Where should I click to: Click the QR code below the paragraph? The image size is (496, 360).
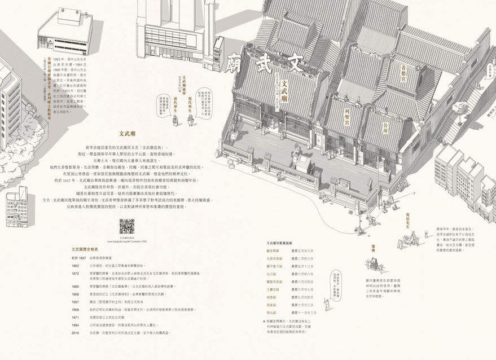pos(126,226)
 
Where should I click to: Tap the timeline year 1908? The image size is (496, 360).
pos(74,294)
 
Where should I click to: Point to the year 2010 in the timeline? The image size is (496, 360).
pos(74,333)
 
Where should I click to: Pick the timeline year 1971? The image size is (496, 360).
pos(74,318)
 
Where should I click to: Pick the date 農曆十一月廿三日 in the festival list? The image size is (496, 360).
pos(304,312)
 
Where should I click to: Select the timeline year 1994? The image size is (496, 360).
pos(74,326)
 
